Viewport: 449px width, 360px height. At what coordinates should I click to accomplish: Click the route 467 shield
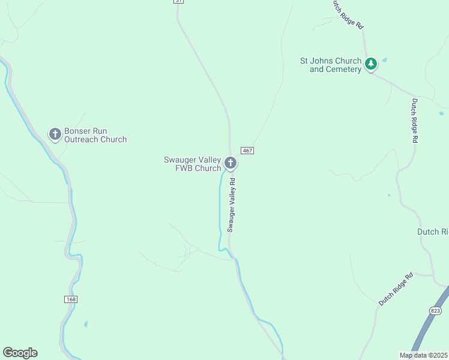(x=247, y=149)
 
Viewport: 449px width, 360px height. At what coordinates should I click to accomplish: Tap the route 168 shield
(x=71, y=299)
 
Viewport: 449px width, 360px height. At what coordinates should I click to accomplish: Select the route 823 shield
(x=436, y=310)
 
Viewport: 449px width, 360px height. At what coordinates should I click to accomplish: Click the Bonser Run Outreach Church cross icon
(x=55, y=134)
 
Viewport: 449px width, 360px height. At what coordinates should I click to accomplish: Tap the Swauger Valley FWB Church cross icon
(x=230, y=163)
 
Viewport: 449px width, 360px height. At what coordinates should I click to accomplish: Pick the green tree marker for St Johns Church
(x=371, y=63)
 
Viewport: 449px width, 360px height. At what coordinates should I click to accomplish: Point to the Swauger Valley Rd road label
(x=232, y=204)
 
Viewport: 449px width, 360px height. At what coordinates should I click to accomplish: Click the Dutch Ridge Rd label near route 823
(x=396, y=289)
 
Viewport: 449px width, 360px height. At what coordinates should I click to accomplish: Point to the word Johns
(x=324, y=61)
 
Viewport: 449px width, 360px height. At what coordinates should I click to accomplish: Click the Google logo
(x=20, y=353)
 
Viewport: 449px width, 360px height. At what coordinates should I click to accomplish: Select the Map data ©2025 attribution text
(x=424, y=355)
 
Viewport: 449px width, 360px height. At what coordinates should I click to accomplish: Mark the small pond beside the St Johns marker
(x=384, y=59)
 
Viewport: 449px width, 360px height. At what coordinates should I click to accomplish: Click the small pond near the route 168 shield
(x=86, y=324)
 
